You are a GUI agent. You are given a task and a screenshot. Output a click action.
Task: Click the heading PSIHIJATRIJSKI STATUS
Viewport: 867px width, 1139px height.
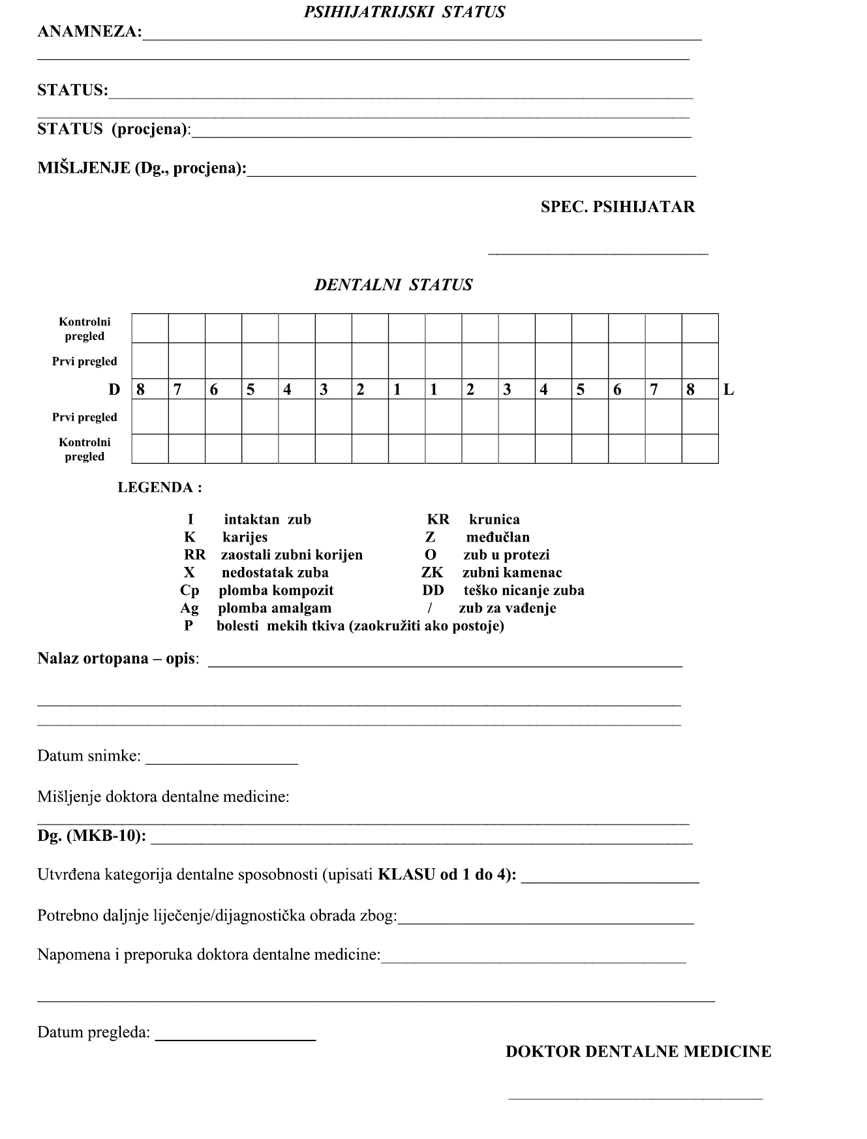coord(404,12)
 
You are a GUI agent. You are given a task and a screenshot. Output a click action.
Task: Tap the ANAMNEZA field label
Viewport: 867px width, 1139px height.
coord(89,32)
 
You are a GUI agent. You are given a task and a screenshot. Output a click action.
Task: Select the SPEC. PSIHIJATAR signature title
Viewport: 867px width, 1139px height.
coord(617,207)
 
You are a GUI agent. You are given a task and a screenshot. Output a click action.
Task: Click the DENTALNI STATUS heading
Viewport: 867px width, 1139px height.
coord(393,285)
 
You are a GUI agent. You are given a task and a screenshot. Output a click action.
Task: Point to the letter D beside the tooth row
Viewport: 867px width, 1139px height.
coord(114,390)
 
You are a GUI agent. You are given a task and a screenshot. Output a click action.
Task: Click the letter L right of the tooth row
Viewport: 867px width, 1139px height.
coord(729,390)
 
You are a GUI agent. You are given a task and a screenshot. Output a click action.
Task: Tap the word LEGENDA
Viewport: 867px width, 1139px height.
coord(159,487)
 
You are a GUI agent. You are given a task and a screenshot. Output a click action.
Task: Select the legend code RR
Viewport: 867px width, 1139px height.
coord(194,555)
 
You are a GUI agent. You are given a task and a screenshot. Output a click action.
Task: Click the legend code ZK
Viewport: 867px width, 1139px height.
coord(432,573)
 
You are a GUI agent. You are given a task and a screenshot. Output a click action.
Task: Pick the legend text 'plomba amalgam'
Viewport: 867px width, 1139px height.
coord(275,608)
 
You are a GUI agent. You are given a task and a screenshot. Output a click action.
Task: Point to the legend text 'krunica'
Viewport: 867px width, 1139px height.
coord(494,520)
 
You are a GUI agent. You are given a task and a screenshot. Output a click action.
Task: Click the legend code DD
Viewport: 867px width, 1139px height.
coord(433,590)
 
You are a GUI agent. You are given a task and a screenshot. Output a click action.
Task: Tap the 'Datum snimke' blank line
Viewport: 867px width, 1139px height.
coord(222,760)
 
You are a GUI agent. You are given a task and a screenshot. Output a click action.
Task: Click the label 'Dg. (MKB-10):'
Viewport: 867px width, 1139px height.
coord(91,836)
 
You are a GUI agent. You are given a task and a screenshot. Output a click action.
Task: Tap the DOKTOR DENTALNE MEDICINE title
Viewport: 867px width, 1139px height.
coord(638,1052)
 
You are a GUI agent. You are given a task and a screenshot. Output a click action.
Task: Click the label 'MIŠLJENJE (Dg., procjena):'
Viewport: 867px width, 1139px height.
coord(142,168)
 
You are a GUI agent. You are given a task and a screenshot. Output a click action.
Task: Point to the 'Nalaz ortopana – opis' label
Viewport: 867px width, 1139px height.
coord(118,658)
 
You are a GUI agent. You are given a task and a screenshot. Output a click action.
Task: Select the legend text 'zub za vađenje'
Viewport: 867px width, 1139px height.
coord(507,608)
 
